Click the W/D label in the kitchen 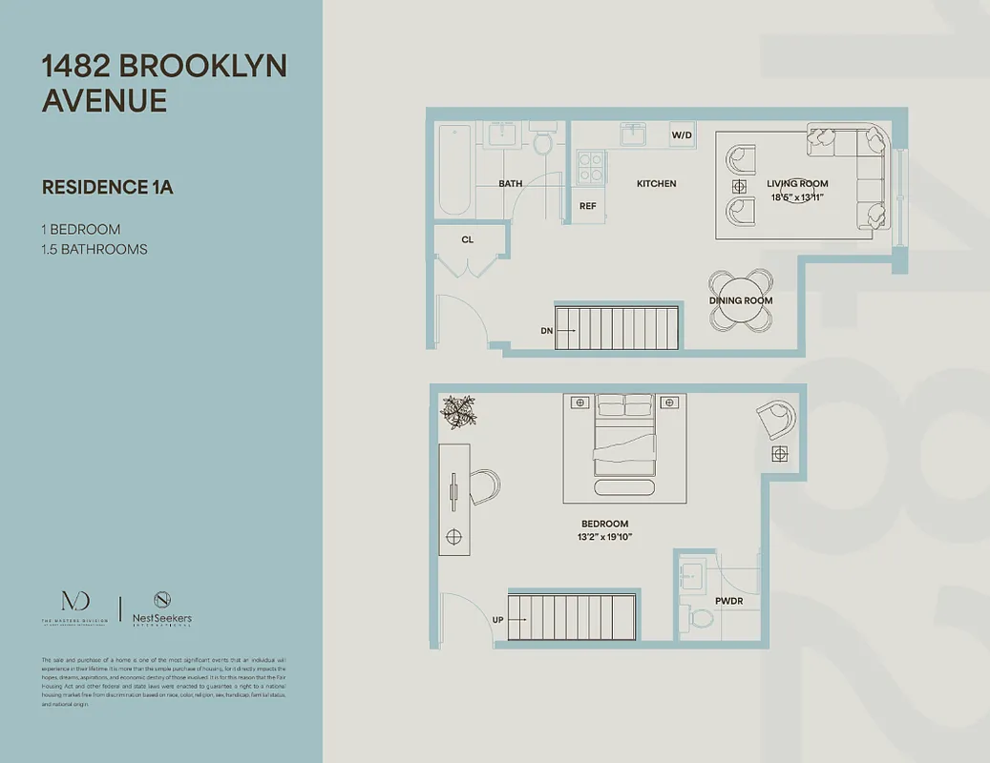click(682, 135)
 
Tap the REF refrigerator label click(588, 205)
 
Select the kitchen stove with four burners click(591, 167)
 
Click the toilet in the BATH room click(542, 143)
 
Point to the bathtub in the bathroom click(453, 169)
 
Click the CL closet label click(468, 239)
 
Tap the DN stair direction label click(546, 331)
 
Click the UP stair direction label click(497, 619)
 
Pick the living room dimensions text click(797, 197)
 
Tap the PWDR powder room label click(728, 601)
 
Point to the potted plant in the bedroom click(458, 410)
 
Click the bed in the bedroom click(624, 438)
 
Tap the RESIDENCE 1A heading click(107, 187)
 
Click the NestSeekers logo click(161, 608)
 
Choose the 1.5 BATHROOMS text click(95, 250)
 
